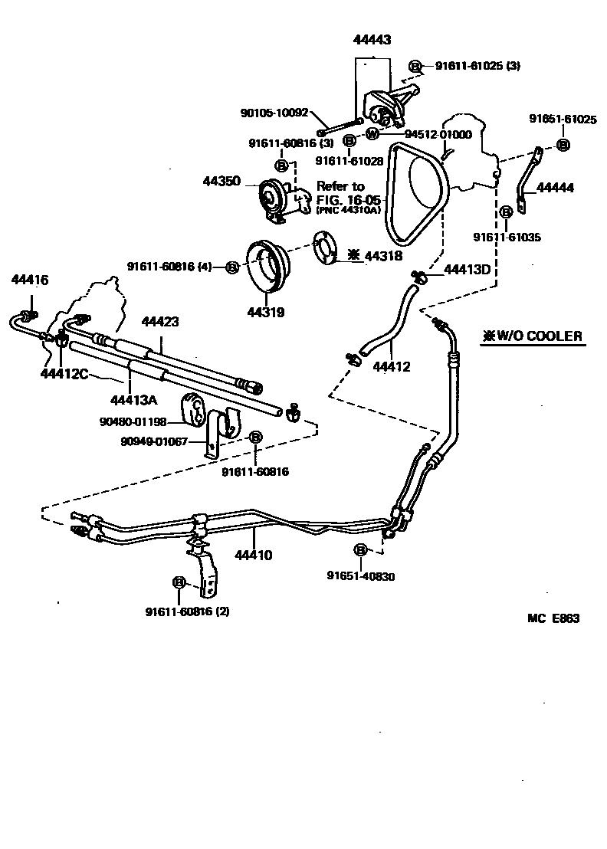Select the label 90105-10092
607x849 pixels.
[x=274, y=113]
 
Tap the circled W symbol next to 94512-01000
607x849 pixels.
[x=372, y=133]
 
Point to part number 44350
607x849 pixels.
[x=221, y=182]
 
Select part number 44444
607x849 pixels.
[x=555, y=187]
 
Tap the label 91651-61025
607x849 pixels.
[x=563, y=119]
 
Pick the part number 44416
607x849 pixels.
[x=30, y=280]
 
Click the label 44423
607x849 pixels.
[x=160, y=322]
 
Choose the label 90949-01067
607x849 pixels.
[x=154, y=441]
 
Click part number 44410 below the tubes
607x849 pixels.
[x=254, y=555]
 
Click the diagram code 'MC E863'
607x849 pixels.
[x=553, y=618]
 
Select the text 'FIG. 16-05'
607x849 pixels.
[x=344, y=198]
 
